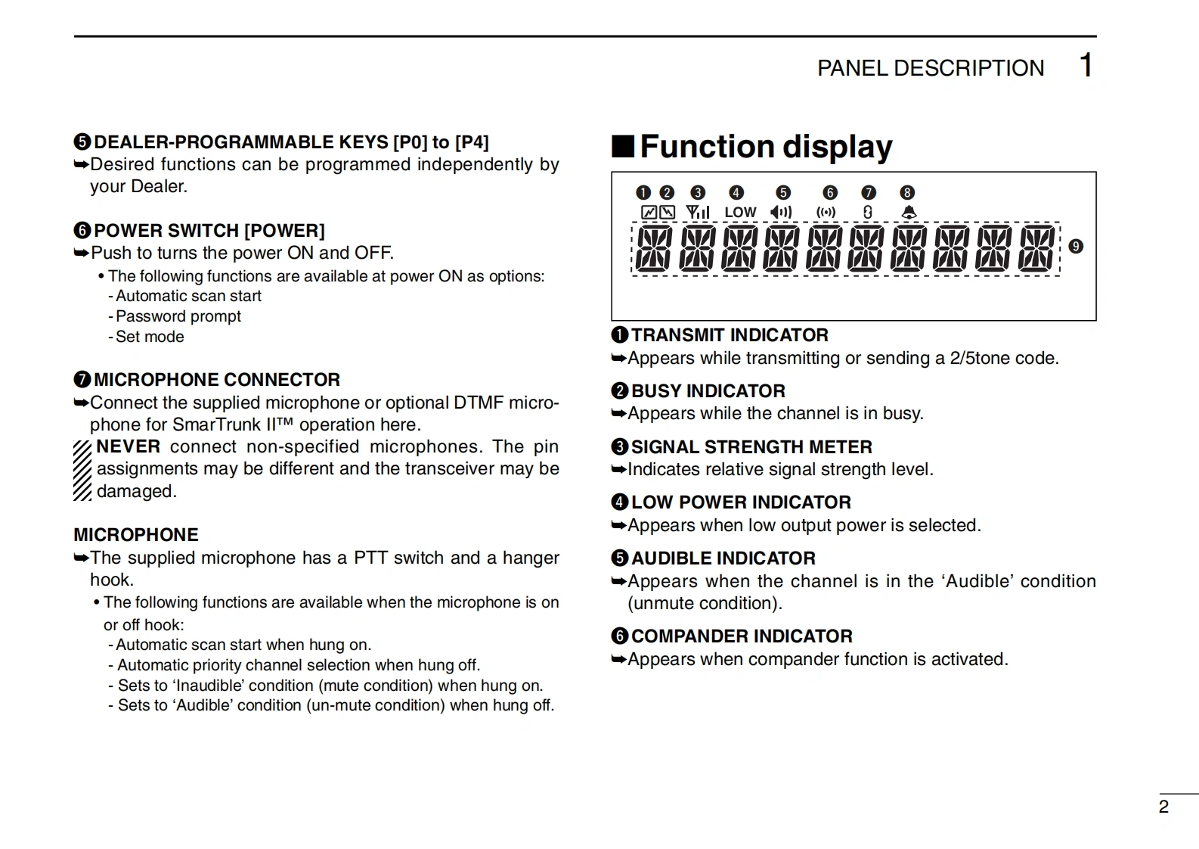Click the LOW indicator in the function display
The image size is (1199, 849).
[x=740, y=213]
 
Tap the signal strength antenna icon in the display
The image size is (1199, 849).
[x=697, y=213]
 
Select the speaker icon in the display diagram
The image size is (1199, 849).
[x=781, y=213]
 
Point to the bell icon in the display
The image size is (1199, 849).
[x=909, y=213]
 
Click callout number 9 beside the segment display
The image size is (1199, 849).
[x=1076, y=247]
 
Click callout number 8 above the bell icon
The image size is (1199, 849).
[x=907, y=193]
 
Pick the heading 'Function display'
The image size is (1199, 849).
[x=766, y=147]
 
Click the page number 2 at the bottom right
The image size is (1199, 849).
[x=1163, y=807]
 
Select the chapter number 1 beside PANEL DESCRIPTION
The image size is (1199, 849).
[x=1086, y=66]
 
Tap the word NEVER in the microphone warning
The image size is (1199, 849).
[x=129, y=446]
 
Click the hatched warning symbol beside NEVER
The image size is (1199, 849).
[x=82, y=470]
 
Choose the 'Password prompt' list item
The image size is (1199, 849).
[x=178, y=316]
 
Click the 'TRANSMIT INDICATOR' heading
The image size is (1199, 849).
[x=730, y=335]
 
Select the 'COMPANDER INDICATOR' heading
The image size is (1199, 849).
[x=742, y=636]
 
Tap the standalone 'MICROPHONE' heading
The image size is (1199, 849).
[x=136, y=535]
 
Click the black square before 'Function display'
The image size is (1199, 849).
[x=623, y=146]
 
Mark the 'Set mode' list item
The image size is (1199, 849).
[x=150, y=337]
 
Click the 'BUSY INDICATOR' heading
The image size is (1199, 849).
[x=708, y=391]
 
